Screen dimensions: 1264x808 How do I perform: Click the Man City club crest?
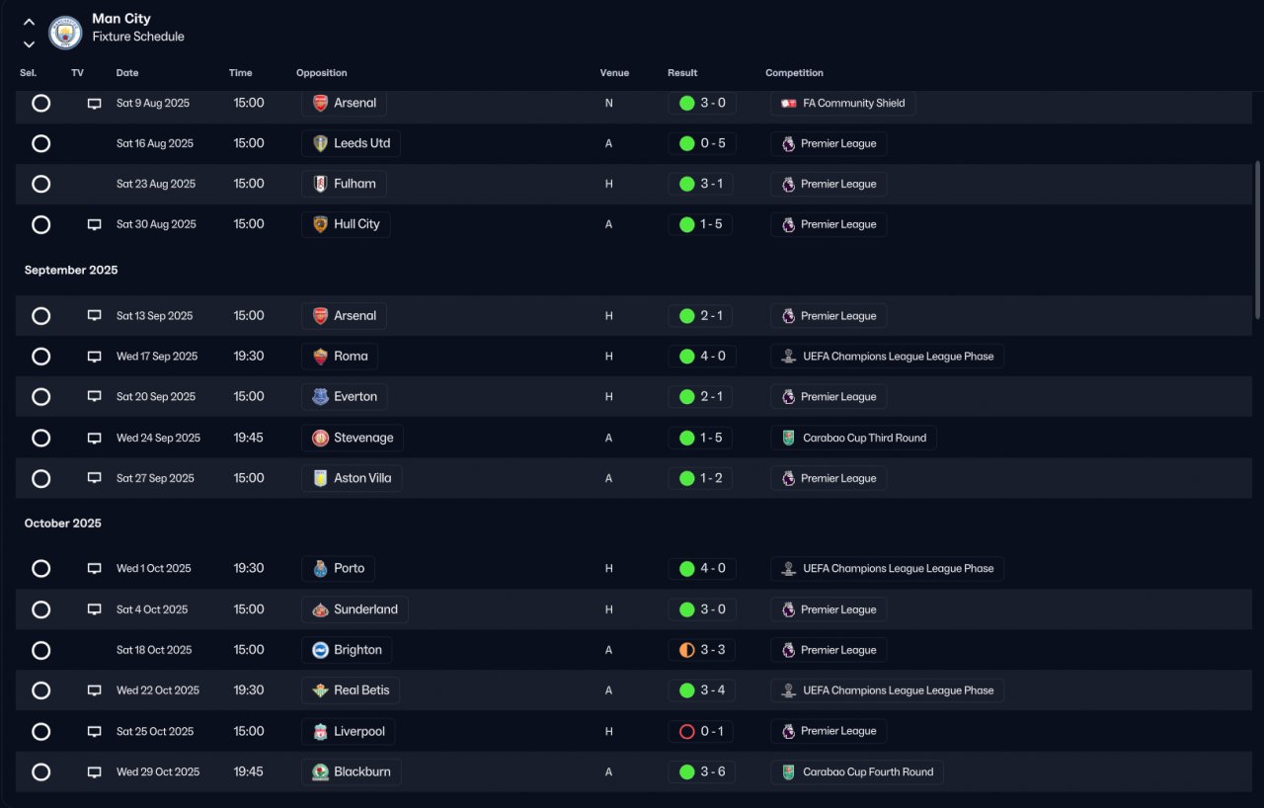click(x=65, y=32)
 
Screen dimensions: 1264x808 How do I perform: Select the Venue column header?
click(x=614, y=73)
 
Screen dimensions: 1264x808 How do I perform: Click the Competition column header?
click(x=794, y=73)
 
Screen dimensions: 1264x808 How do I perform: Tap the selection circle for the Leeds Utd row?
click(x=40, y=143)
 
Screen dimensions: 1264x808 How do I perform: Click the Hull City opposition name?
click(x=356, y=224)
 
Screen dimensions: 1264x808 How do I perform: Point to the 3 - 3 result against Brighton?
click(x=713, y=649)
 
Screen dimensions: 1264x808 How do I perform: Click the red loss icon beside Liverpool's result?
click(x=686, y=731)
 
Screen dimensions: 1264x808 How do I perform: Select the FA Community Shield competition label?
click(x=854, y=103)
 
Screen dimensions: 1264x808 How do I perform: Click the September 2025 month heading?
click(x=71, y=270)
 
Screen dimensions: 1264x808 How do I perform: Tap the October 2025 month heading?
click(x=62, y=524)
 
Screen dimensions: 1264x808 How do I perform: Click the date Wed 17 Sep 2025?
click(x=157, y=356)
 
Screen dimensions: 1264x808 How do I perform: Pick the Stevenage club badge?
click(x=320, y=438)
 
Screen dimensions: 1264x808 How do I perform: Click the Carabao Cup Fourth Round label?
click(x=868, y=771)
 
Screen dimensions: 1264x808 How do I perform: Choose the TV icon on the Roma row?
click(x=94, y=357)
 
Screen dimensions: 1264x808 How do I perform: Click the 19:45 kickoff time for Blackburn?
click(x=248, y=771)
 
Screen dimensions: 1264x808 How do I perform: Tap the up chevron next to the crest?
click(x=29, y=23)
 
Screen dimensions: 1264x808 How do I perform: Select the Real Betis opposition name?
click(x=361, y=690)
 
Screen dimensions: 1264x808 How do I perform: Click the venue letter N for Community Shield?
click(x=609, y=104)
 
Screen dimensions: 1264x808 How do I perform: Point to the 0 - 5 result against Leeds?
click(x=713, y=143)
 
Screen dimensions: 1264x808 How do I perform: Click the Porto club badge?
click(x=320, y=568)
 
